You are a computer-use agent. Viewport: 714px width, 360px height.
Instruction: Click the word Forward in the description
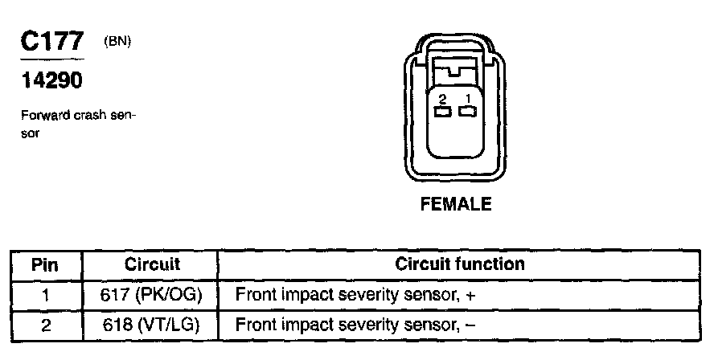43,116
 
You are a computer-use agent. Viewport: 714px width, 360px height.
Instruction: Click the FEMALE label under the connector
456,204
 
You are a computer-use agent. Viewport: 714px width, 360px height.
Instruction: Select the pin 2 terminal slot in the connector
443,111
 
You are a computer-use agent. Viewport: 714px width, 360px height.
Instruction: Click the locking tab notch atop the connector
455,72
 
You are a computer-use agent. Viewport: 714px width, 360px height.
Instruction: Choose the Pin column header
45,264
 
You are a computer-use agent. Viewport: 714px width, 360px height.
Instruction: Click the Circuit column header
152,264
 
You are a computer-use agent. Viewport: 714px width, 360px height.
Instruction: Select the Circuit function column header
460,264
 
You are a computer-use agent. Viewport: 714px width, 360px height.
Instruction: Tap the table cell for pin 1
45,295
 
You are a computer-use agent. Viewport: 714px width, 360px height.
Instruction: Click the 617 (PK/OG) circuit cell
152,295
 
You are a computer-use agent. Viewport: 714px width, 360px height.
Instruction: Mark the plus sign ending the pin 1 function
471,296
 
